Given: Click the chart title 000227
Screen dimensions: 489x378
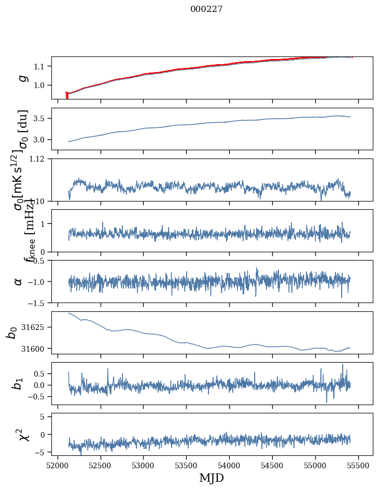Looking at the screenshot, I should coord(206,9).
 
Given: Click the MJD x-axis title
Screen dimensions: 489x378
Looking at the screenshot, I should coord(212,478).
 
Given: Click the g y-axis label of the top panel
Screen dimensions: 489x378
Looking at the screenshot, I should coord(22,78).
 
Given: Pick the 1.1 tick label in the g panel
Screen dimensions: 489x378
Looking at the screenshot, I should coord(41,66).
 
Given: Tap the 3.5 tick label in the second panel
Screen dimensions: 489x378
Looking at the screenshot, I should coord(41,119).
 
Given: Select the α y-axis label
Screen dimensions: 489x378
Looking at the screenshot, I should coord(19,281).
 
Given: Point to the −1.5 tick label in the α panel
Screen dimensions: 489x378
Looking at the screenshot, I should coord(37,303).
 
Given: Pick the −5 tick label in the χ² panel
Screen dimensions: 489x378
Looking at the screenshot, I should coord(41,453).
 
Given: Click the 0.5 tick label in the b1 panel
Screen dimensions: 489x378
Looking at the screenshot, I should coord(41,373).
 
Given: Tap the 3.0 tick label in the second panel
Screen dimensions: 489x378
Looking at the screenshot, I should coord(41,140).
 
